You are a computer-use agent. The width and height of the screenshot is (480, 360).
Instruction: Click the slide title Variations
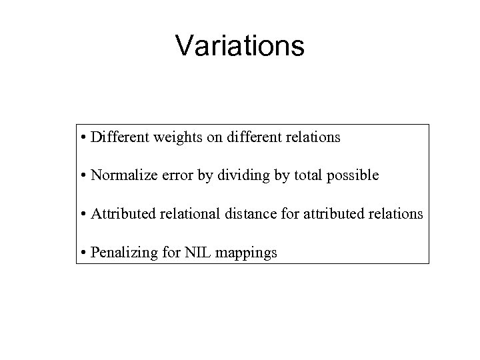tap(239, 46)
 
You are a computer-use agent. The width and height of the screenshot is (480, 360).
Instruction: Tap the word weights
tap(176, 138)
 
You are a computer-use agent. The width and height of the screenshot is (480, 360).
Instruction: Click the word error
tap(174, 176)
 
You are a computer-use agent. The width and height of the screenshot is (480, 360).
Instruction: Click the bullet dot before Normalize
tap(84, 177)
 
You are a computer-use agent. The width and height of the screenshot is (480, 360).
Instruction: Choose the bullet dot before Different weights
tap(84, 138)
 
